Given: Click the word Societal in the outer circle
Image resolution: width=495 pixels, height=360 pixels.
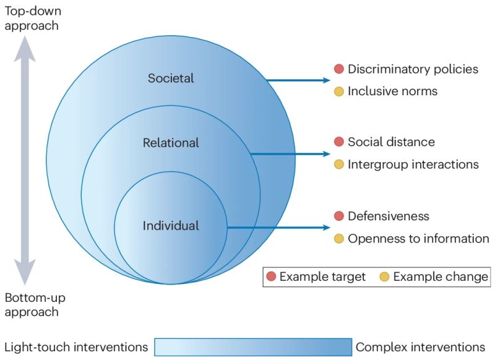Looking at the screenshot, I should tap(171, 78).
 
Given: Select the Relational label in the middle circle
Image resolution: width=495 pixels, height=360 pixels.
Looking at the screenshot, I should tap(171, 143).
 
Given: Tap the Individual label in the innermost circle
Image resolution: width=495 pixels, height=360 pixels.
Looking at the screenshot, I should tap(171, 226).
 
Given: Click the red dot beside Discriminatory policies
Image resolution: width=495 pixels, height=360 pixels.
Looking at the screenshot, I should tap(338, 69).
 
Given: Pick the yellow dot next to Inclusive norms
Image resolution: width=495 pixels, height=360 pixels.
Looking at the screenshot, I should tap(338, 92).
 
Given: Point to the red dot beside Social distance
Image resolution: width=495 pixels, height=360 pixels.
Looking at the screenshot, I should tap(338, 142).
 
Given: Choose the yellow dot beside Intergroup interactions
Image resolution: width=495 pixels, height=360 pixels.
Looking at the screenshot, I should tap(338, 165).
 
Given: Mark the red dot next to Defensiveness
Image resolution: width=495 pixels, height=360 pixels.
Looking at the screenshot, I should tap(338, 216).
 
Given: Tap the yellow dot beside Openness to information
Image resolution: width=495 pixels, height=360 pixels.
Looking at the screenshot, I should tap(338, 239).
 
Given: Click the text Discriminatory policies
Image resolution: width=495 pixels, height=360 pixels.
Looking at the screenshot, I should tap(413, 69).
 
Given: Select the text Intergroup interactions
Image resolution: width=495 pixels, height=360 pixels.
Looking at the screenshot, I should tap(413, 165).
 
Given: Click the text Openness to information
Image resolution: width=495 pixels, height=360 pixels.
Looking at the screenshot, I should tap(418, 239).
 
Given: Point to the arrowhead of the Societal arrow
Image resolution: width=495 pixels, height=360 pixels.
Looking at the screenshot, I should tap(327, 80).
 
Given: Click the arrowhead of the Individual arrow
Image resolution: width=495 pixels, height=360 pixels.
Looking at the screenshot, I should tap(327, 228).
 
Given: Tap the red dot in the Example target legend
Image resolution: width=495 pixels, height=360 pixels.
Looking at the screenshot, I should tap(271, 276).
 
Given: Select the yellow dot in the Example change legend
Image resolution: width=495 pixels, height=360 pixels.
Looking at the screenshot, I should tap(384, 276).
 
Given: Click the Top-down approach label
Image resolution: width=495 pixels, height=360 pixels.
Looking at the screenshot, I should tap(32, 19).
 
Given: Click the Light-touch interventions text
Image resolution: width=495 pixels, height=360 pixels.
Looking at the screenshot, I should tap(76, 347).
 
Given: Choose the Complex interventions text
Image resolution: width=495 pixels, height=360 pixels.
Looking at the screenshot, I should tap(420, 347).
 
